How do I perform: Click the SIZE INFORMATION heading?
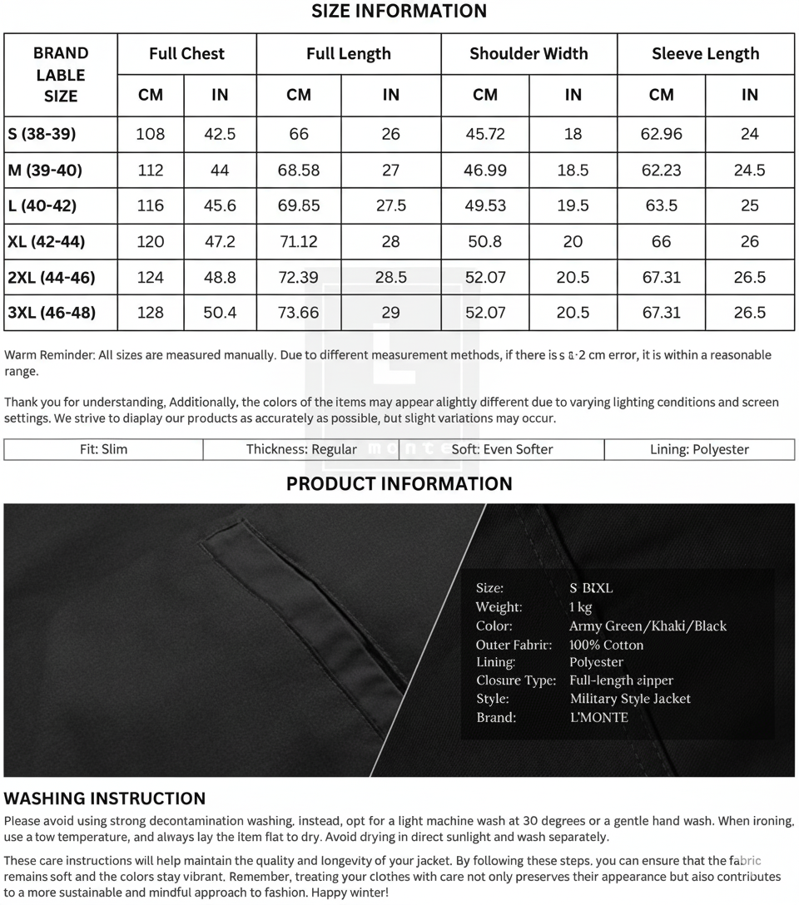[399, 12]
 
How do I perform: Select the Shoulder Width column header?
[529, 54]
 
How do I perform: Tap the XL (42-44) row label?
[47, 242]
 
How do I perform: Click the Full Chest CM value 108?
[151, 134]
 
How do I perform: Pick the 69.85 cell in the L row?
[299, 205]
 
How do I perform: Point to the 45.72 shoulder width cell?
[485, 134]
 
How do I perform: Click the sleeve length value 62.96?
[662, 134]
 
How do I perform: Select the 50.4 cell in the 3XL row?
[220, 314]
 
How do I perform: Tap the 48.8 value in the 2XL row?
[220, 278]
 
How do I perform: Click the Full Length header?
[348, 54]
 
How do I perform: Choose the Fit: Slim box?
[104, 450]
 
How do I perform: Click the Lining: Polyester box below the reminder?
[699, 450]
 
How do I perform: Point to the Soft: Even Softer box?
[502, 450]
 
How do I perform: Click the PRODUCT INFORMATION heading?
[399, 484]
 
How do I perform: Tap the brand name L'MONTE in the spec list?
[598, 717]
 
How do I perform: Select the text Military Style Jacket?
[630, 699]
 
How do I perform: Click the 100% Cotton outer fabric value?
[606, 645]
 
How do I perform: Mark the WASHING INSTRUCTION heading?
[105, 799]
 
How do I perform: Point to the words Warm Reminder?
[48, 355]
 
